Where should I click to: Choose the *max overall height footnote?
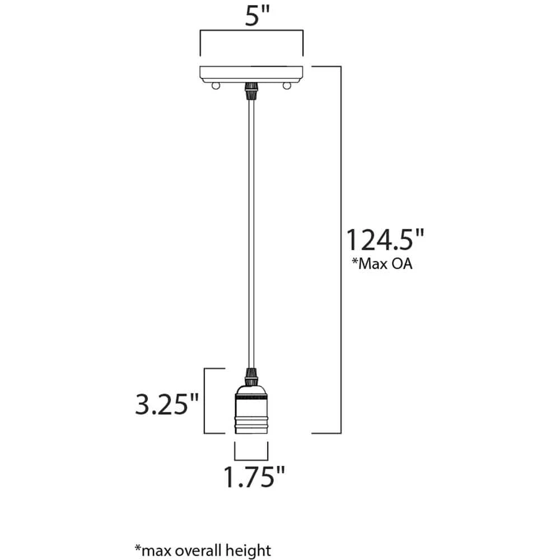[x=202, y=550]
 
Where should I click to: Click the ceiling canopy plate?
[x=251, y=73]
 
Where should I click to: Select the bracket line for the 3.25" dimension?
[x=203, y=400]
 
